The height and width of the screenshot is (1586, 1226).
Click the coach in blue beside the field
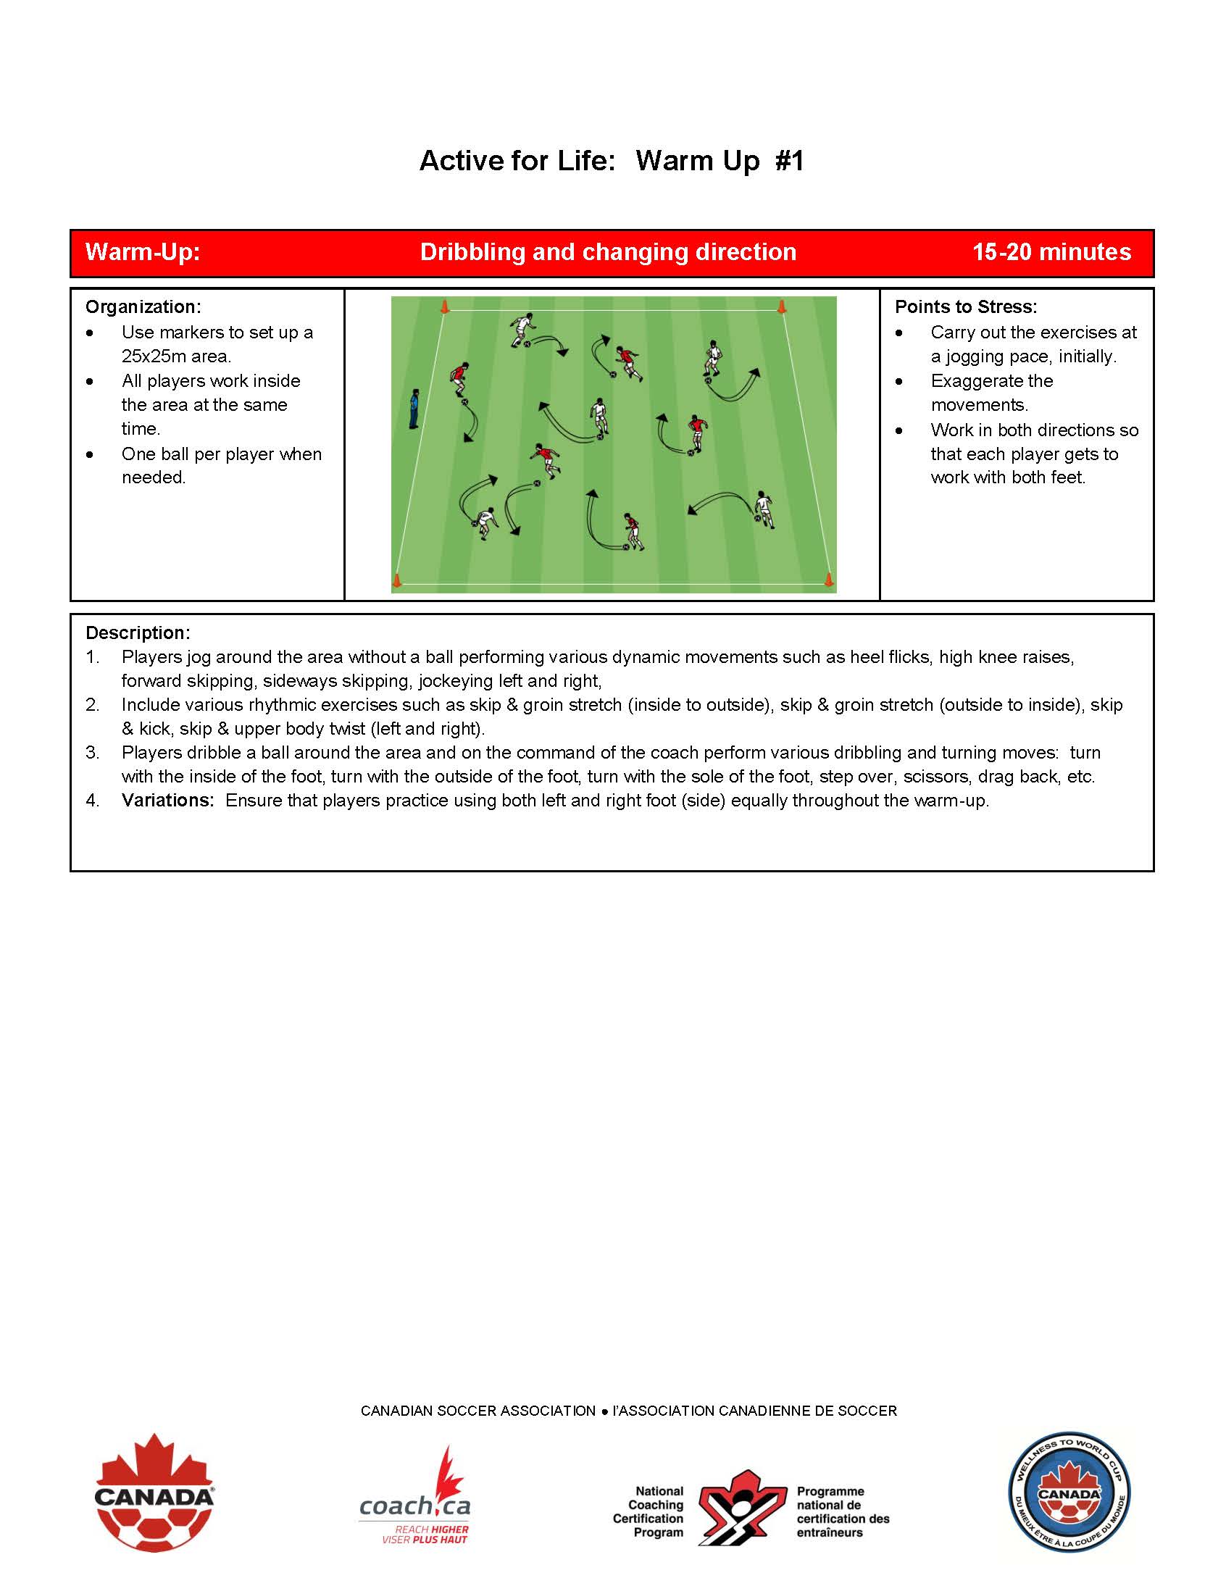point(414,409)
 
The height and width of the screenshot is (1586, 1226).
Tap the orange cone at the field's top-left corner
point(444,307)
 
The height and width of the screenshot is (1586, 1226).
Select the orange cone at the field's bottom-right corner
point(829,579)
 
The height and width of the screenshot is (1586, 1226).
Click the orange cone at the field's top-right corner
point(782,306)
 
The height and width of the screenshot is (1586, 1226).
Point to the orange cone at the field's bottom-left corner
point(396,580)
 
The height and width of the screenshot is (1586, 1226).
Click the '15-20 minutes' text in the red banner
point(1051,252)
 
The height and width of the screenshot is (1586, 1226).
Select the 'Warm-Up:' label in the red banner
point(142,252)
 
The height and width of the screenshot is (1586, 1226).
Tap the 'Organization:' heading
point(143,306)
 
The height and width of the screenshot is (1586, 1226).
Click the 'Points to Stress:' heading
point(965,306)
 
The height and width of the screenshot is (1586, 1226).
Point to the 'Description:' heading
point(138,633)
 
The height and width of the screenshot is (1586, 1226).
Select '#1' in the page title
point(790,161)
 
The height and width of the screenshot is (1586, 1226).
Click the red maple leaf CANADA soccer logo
point(155,1496)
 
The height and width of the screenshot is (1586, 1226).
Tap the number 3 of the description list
point(92,752)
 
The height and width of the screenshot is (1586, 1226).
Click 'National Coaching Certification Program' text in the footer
point(649,1511)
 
